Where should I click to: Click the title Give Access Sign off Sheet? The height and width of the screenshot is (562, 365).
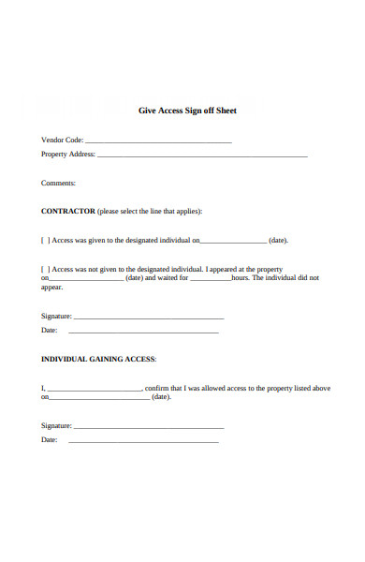coord(187,111)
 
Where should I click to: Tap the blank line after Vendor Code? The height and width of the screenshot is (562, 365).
coord(158,140)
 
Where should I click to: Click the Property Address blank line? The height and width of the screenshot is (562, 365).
coord(202,155)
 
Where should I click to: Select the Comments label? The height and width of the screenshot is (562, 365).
coord(58,184)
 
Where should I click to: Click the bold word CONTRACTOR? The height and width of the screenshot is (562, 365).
coord(68,211)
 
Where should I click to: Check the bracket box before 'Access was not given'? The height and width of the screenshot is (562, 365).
coord(45,268)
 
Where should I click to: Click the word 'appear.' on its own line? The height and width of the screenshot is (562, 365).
coord(52,288)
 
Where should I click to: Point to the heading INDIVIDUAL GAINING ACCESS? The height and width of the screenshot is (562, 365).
coord(98,359)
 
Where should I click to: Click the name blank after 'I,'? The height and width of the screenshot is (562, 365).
coord(94,389)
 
